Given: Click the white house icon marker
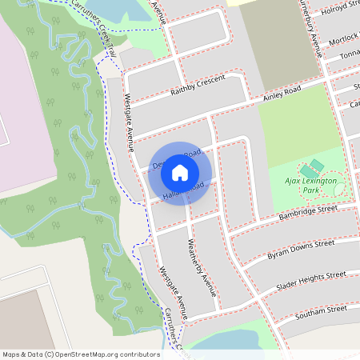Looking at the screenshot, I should (x=180, y=172).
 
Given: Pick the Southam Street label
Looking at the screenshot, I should (x=320, y=310).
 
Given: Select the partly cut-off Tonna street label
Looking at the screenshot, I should (x=349, y=54).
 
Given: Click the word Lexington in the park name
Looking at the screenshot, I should (x=322, y=182).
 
